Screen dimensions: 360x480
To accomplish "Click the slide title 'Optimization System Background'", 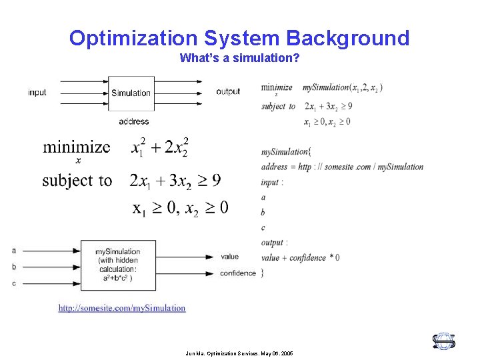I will tap(239, 38).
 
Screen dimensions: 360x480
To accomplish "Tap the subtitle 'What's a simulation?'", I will tap(239, 58).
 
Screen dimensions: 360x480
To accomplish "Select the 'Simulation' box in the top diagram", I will tap(131, 93).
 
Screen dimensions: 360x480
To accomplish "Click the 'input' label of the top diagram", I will tap(37, 92).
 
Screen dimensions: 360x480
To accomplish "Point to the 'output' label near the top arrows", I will tap(228, 91).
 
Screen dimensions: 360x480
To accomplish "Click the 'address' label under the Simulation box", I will tap(134, 121).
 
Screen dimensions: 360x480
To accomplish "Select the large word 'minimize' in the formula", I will tap(77, 147).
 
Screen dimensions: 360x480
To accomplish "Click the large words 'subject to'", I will tap(77, 180).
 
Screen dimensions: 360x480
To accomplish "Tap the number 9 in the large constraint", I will tap(216, 180).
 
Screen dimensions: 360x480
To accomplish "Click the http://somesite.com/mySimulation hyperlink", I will tap(122, 308).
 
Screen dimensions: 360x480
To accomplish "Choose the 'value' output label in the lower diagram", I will tap(229, 257).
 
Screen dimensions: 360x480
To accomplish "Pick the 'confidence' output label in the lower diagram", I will tap(237, 273).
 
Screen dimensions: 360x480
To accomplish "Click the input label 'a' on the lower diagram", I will tap(13, 251).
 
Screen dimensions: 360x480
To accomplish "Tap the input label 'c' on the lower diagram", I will tap(13, 283).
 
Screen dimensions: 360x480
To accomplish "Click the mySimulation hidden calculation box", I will tap(118, 265).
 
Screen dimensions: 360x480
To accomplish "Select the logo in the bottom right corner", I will tap(443, 341).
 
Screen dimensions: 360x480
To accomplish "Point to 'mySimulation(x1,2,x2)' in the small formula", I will tap(342, 87).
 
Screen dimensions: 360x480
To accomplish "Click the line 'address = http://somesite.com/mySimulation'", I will tap(342, 167).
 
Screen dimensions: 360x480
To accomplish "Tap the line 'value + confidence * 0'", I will tap(300, 257).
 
